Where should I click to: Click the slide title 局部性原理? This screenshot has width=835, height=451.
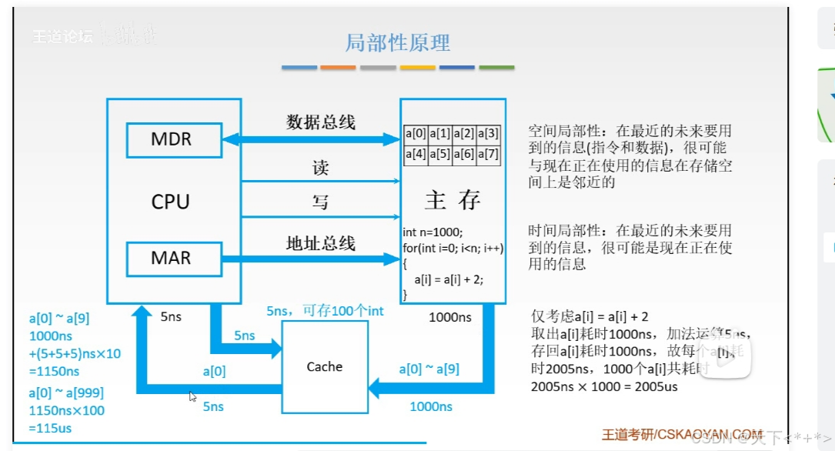tap(397, 42)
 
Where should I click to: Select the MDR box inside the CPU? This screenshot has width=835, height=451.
tap(171, 139)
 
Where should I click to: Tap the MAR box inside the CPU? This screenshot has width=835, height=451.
tap(171, 257)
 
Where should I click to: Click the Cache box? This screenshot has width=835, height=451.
tap(324, 367)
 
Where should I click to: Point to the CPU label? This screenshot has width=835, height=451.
tap(171, 202)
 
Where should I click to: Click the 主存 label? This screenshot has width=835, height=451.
tap(453, 201)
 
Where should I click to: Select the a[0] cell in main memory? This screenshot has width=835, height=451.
tap(416, 134)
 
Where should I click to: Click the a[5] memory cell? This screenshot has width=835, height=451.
tap(440, 154)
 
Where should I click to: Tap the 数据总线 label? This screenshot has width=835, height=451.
tap(321, 122)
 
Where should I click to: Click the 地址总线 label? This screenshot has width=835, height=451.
tap(321, 244)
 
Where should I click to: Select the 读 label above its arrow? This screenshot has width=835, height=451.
tap(321, 169)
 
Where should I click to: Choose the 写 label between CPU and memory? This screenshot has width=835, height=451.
tap(321, 202)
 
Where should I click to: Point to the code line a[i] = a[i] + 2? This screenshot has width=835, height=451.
tap(449, 279)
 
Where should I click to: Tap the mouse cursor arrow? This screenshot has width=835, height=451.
tap(192, 396)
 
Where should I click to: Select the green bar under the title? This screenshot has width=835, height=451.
tap(496, 68)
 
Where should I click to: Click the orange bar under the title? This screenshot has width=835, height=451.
tap(338, 68)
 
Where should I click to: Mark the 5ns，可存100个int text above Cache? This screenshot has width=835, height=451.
tap(325, 311)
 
